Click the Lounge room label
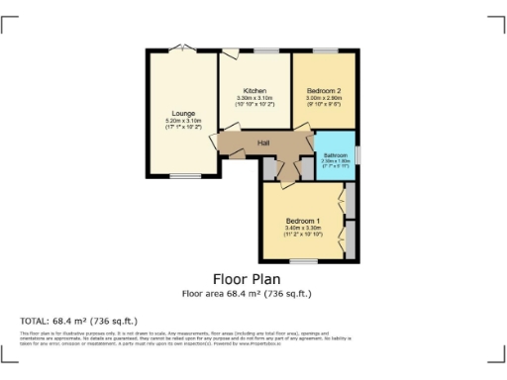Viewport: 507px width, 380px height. coord(182,114)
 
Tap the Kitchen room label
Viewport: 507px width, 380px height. coord(254,91)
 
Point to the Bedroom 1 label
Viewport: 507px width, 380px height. coord(303,220)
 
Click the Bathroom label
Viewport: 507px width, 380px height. coord(335,154)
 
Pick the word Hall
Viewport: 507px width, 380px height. coord(263,144)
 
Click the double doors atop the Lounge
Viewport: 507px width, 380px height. coord(181,48)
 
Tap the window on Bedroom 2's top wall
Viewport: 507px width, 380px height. coord(324,49)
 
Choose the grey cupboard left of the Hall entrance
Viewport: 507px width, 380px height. coord(270,169)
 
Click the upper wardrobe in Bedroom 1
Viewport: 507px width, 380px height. coord(349,201)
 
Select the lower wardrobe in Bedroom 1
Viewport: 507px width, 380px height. coord(349,238)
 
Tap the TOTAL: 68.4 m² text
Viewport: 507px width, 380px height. coord(79,321)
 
